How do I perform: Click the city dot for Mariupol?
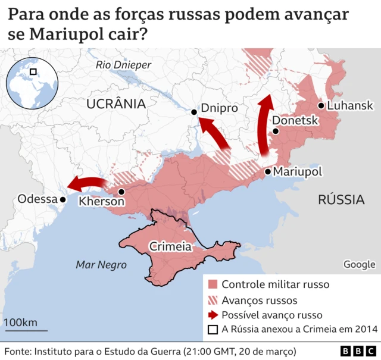pyautogui.click(x=267, y=172)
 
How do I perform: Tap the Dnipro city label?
pyautogui.click(x=219, y=109)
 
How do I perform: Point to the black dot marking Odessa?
pyautogui.click(x=62, y=200)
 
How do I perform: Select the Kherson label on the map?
pyautogui.click(x=101, y=202)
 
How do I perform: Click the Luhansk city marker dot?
pyautogui.click(x=321, y=106)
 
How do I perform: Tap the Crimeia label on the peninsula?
pyautogui.click(x=170, y=246)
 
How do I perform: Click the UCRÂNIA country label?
pyautogui.click(x=116, y=104)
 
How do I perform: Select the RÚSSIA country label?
pyautogui.click(x=341, y=199)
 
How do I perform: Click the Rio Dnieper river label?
pyautogui.click(x=124, y=65)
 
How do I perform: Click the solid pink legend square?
pyautogui.click(x=213, y=284)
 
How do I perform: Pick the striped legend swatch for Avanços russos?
pyautogui.click(x=213, y=300)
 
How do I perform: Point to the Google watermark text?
pyautogui.click(x=359, y=264)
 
